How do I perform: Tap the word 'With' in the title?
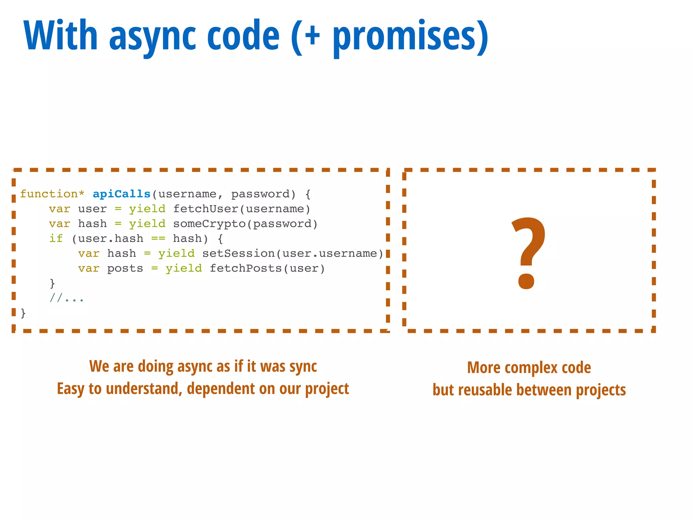[x=61, y=35]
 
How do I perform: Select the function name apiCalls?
[x=121, y=194]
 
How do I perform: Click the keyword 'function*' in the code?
[x=52, y=194]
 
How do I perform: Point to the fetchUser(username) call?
[x=242, y=209]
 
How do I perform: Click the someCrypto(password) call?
[x=245, y=224]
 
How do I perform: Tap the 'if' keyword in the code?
[x=56, y=239]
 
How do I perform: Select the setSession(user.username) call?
[x=293, y=253]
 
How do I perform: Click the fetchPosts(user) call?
[x=267, y=268]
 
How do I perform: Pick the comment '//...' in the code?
[x=67, y=298]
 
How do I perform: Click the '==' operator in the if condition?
[x=158, y=239]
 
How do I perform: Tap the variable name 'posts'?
[x=125, y=268]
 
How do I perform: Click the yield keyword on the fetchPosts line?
[x=183, y=268]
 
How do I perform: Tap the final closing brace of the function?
[x=23, y=313]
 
